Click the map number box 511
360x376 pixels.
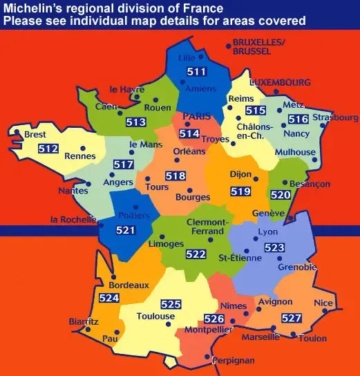click(198, 72)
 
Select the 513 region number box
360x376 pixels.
click(136, 122)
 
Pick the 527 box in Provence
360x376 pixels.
click(292, 318)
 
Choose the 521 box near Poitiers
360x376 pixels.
click(126, 229)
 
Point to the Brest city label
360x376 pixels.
click(35, 135)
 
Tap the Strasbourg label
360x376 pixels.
click(335, 118)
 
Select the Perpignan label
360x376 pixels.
click(234, 360)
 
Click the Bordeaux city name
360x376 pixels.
click(129, 285)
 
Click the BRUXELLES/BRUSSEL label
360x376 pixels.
click(259, 46)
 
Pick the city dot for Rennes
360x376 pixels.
click(82, 147)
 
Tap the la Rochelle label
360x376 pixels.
click(72, 220)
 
